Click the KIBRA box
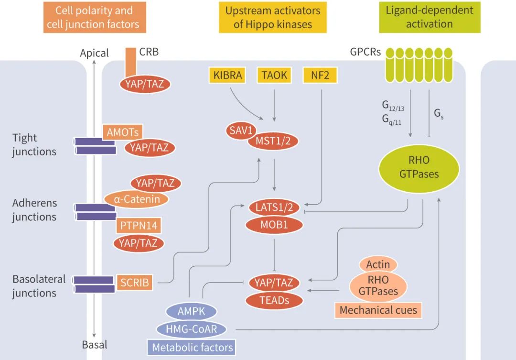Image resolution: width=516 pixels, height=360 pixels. click(228, 75)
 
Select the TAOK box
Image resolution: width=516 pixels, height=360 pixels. click(274, 75)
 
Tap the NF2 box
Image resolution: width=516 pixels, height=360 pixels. click(320, 75)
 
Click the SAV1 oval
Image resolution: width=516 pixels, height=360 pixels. click(241, 130)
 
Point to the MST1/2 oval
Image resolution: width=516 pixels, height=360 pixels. click(269, 141)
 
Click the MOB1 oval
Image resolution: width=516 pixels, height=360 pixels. click(274, 224)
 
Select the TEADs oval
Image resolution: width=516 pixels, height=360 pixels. click(274, 300)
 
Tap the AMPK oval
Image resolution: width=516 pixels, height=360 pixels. click(191, 312)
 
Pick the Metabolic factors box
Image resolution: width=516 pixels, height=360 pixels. click(193, 347)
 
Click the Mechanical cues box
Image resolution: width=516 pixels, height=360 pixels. click(378, 310)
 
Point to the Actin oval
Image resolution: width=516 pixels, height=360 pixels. click(378, 264)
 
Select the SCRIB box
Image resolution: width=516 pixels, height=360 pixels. click(135, 283)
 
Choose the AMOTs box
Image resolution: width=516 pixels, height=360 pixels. click(123, 132)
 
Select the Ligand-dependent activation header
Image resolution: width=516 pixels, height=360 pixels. click(430, 17)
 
